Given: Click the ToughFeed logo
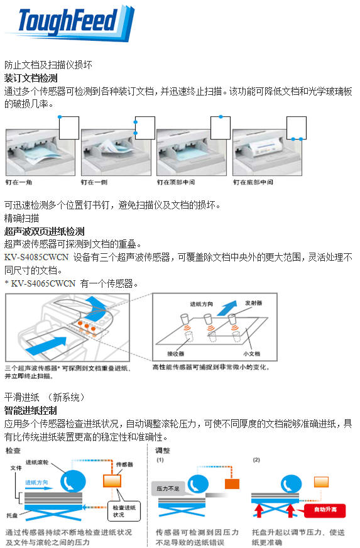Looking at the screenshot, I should pyautogui.click(x=69, y=23).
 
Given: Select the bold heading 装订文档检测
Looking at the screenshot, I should pyautogui.click(x=31, y=79).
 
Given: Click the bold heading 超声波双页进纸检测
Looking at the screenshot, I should pyautogui.click(x=44, y=231).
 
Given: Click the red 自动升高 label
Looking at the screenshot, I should pyautogui.click(x=323, y=510).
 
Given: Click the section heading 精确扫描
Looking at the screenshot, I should pyautogui.click(x=22, y=218).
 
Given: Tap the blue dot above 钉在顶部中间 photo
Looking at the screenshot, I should pyautogui.click(x=220, y=116).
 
